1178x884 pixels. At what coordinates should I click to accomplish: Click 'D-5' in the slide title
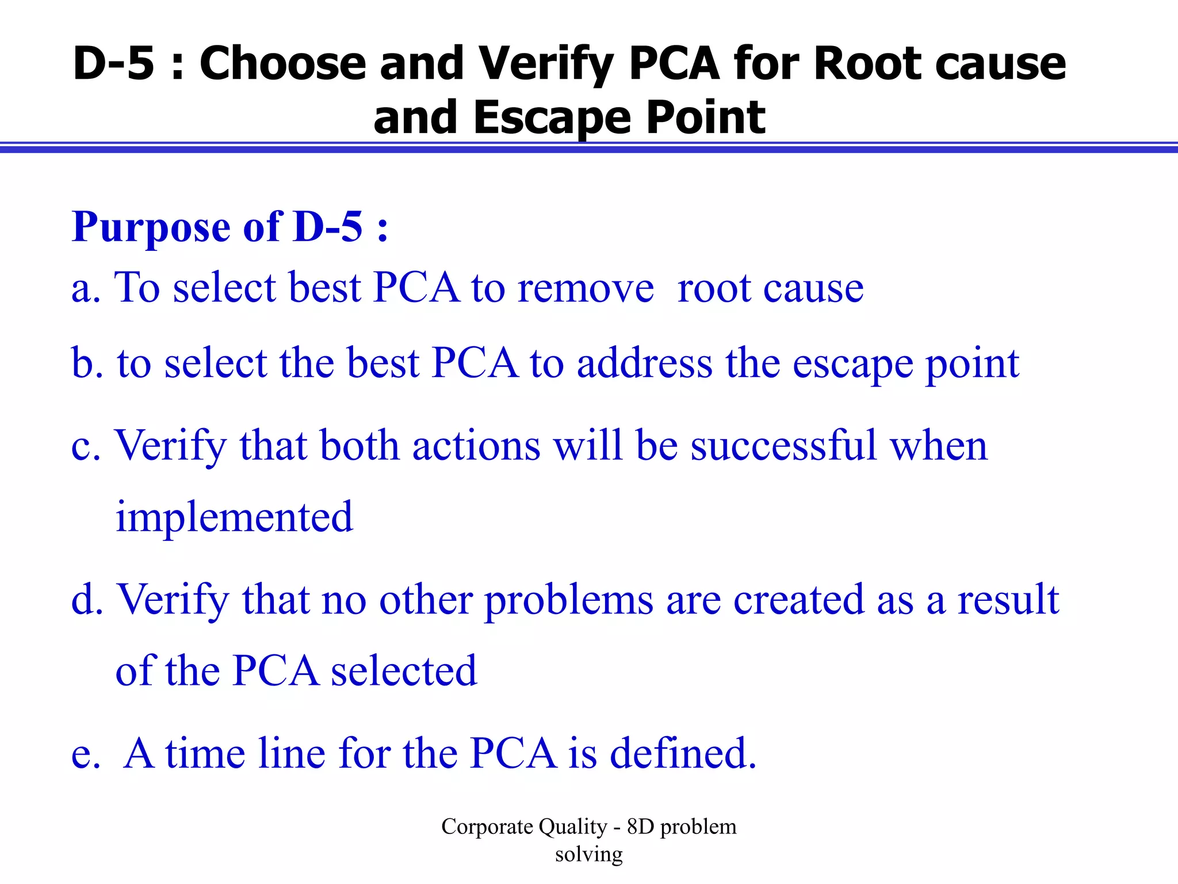pyautogui.click(x=114, y=63)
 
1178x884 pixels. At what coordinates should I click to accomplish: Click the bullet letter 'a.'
pyautogui.click(x=86, y=288)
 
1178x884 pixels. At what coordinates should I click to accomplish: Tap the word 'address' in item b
pyautogui.click(x=644, y=364)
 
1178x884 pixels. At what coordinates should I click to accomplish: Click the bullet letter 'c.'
pyautogui.click(x=86, y=447)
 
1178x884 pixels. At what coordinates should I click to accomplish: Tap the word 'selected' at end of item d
pyautogui.click(x=404, y=671)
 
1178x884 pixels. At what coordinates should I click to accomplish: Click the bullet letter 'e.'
pyautogui.click(x=86, y=755)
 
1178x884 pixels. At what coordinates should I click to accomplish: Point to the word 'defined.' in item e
pyautogui.click(x=683, y=753)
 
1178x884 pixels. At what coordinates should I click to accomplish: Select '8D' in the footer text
pyautogui.click(x=640, y=827)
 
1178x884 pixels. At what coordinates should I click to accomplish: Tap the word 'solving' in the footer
pyautogui.click(x=588, y=855)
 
